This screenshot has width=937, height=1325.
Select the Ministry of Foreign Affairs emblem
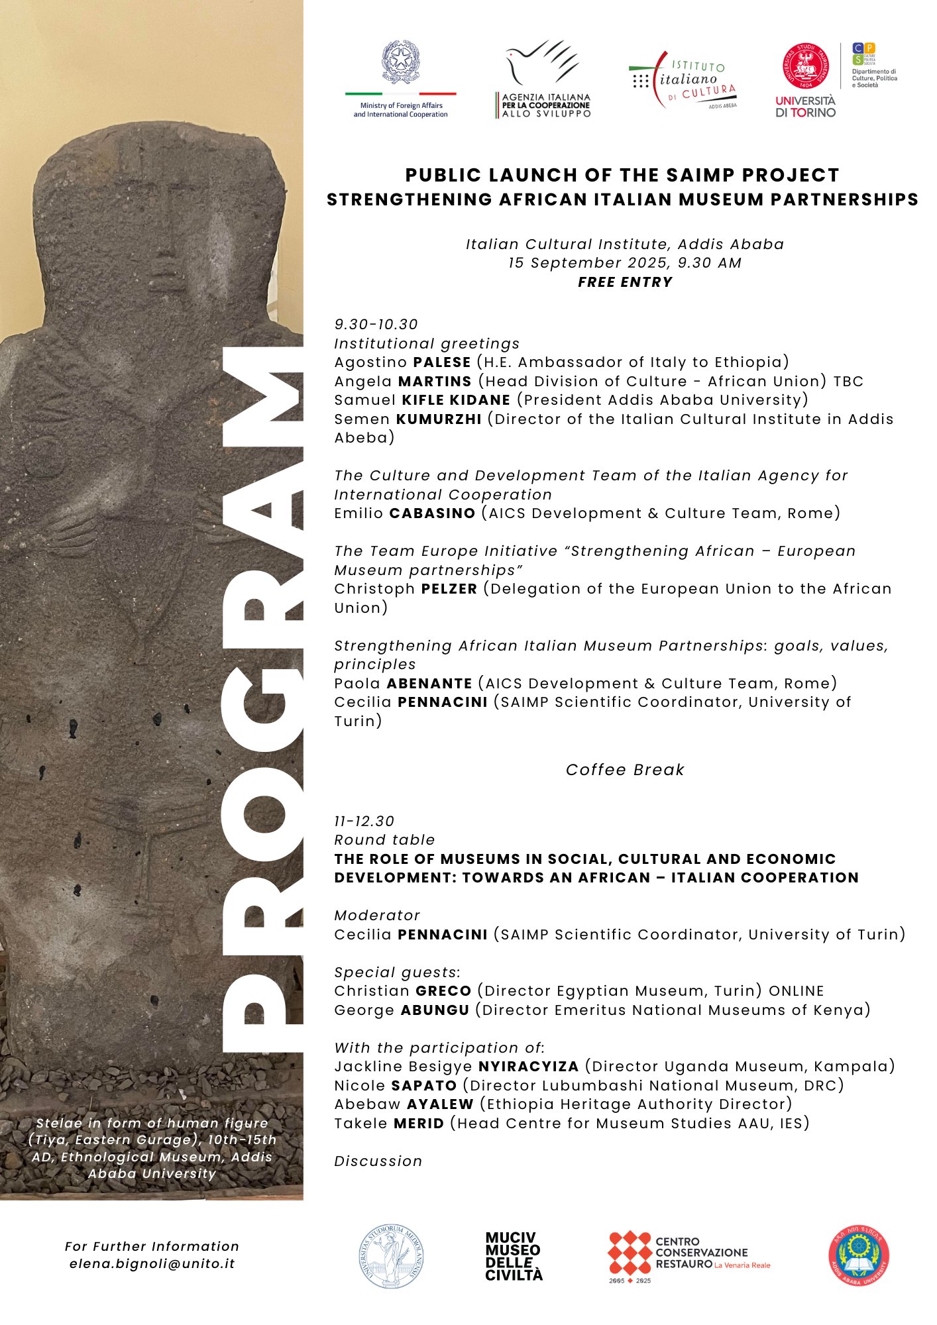[400, 63]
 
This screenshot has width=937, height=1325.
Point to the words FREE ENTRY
[625, 282]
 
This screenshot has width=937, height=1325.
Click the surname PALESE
[442, 362]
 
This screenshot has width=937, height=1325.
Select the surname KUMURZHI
[439, 419]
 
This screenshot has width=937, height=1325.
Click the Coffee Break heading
[625, 770]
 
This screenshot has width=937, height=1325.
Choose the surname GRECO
[443, 991]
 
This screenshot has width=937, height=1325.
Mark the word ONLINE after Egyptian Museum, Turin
[797, 991]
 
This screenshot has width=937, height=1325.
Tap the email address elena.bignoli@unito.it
[152, 1263]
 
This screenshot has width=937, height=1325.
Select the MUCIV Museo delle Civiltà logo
[514, 1256]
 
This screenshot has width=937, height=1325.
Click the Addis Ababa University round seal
[859, 1256]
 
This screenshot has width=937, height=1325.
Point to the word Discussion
[378, 1161]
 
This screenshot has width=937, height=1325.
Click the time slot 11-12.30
[364, 821]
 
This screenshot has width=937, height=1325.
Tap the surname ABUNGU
[435, 1010]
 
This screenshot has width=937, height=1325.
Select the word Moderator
[377, 916]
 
